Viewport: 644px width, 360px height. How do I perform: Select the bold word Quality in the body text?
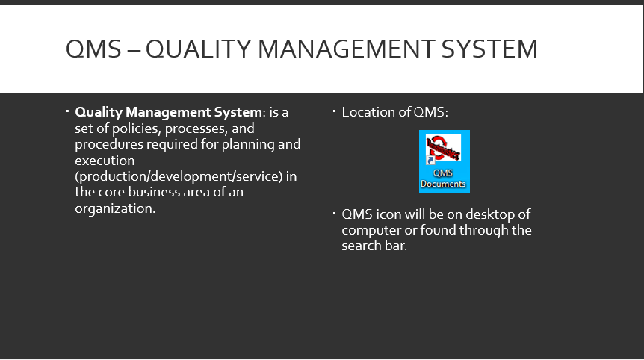[x=99, y=112]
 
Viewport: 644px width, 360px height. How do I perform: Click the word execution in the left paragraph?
[x=105, y=161]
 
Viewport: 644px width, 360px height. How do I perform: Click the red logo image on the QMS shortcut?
[x=444, y=147]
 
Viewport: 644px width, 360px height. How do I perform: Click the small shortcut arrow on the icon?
[x=430, y=160]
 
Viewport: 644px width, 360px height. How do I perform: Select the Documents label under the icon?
[x=443, y=184]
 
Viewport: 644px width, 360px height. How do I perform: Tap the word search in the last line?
[x=364, y=246]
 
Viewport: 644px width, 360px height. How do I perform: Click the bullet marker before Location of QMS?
[x=334, y=111]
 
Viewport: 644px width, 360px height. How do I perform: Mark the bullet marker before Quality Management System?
[x=67, y=111]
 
